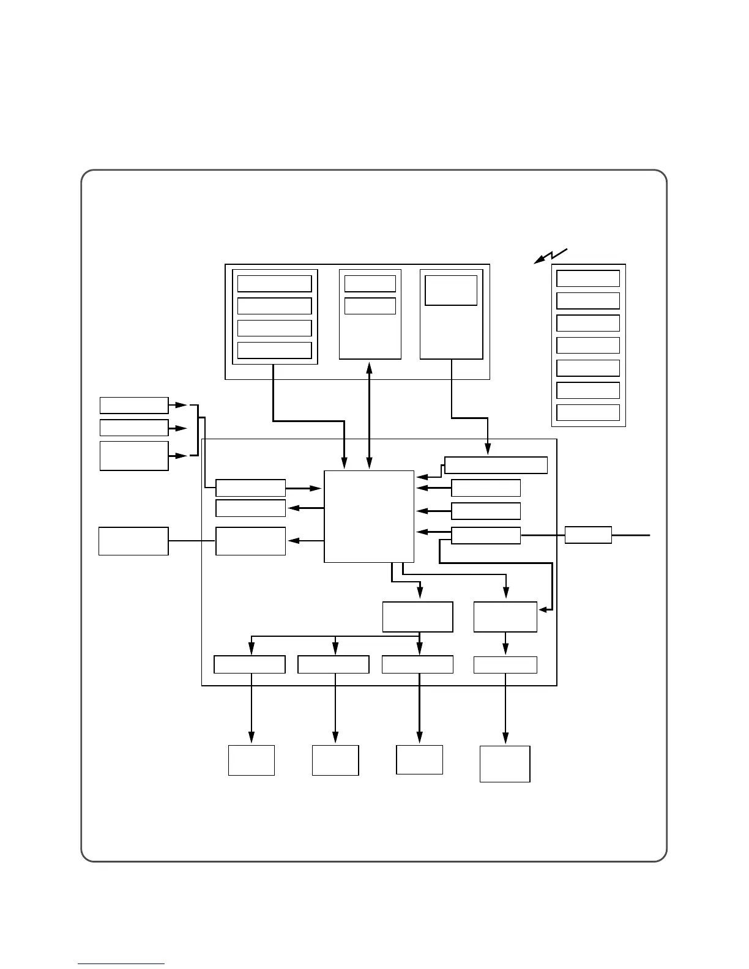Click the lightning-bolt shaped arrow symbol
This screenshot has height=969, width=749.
click(551, 256)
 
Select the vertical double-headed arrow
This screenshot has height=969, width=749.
click(369, 415)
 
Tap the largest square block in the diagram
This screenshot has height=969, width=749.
click(369, 516)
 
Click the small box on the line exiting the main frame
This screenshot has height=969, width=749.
click(588, 535)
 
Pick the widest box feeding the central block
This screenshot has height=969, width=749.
click(496, 465)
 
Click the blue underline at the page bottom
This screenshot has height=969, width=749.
click(121, 964)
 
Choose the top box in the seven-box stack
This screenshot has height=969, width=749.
click(588, 278)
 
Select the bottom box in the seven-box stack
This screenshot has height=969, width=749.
click(588, 412)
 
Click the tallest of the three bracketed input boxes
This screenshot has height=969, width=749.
click(134, 456)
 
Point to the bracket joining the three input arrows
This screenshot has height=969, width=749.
click(197, 430)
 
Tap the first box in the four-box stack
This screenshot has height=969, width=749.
click(274, 284)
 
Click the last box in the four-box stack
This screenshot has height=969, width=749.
click(274, 351)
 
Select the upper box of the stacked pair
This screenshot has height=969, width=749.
click(370, 284)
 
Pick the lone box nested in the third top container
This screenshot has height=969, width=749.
click(451, 290)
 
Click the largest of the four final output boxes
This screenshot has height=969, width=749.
click(505, 763)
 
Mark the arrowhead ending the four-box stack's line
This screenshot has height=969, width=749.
click(345, 466)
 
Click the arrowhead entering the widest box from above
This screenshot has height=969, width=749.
click(488, 453)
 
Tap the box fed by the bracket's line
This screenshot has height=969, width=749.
click(250, 488)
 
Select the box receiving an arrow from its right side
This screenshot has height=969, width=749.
click(505, 617)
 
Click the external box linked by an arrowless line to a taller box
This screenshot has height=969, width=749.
click(133, 541)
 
